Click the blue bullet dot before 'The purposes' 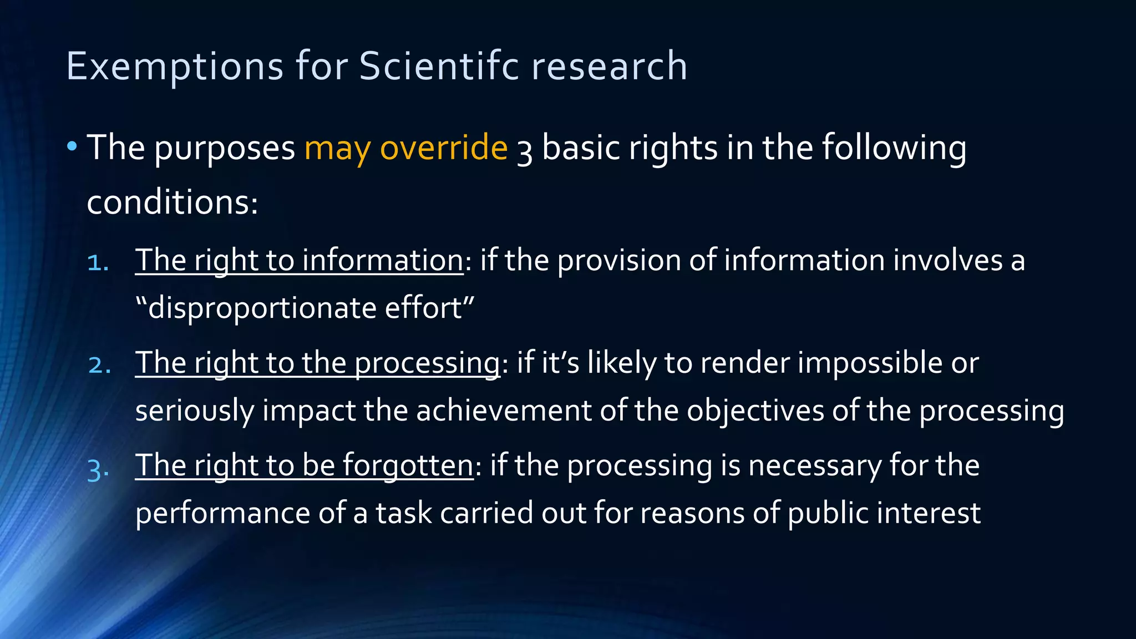click(72, 147)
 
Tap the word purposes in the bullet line click(225, 149)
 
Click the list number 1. click(98, 262)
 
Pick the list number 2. click(99, 364)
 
